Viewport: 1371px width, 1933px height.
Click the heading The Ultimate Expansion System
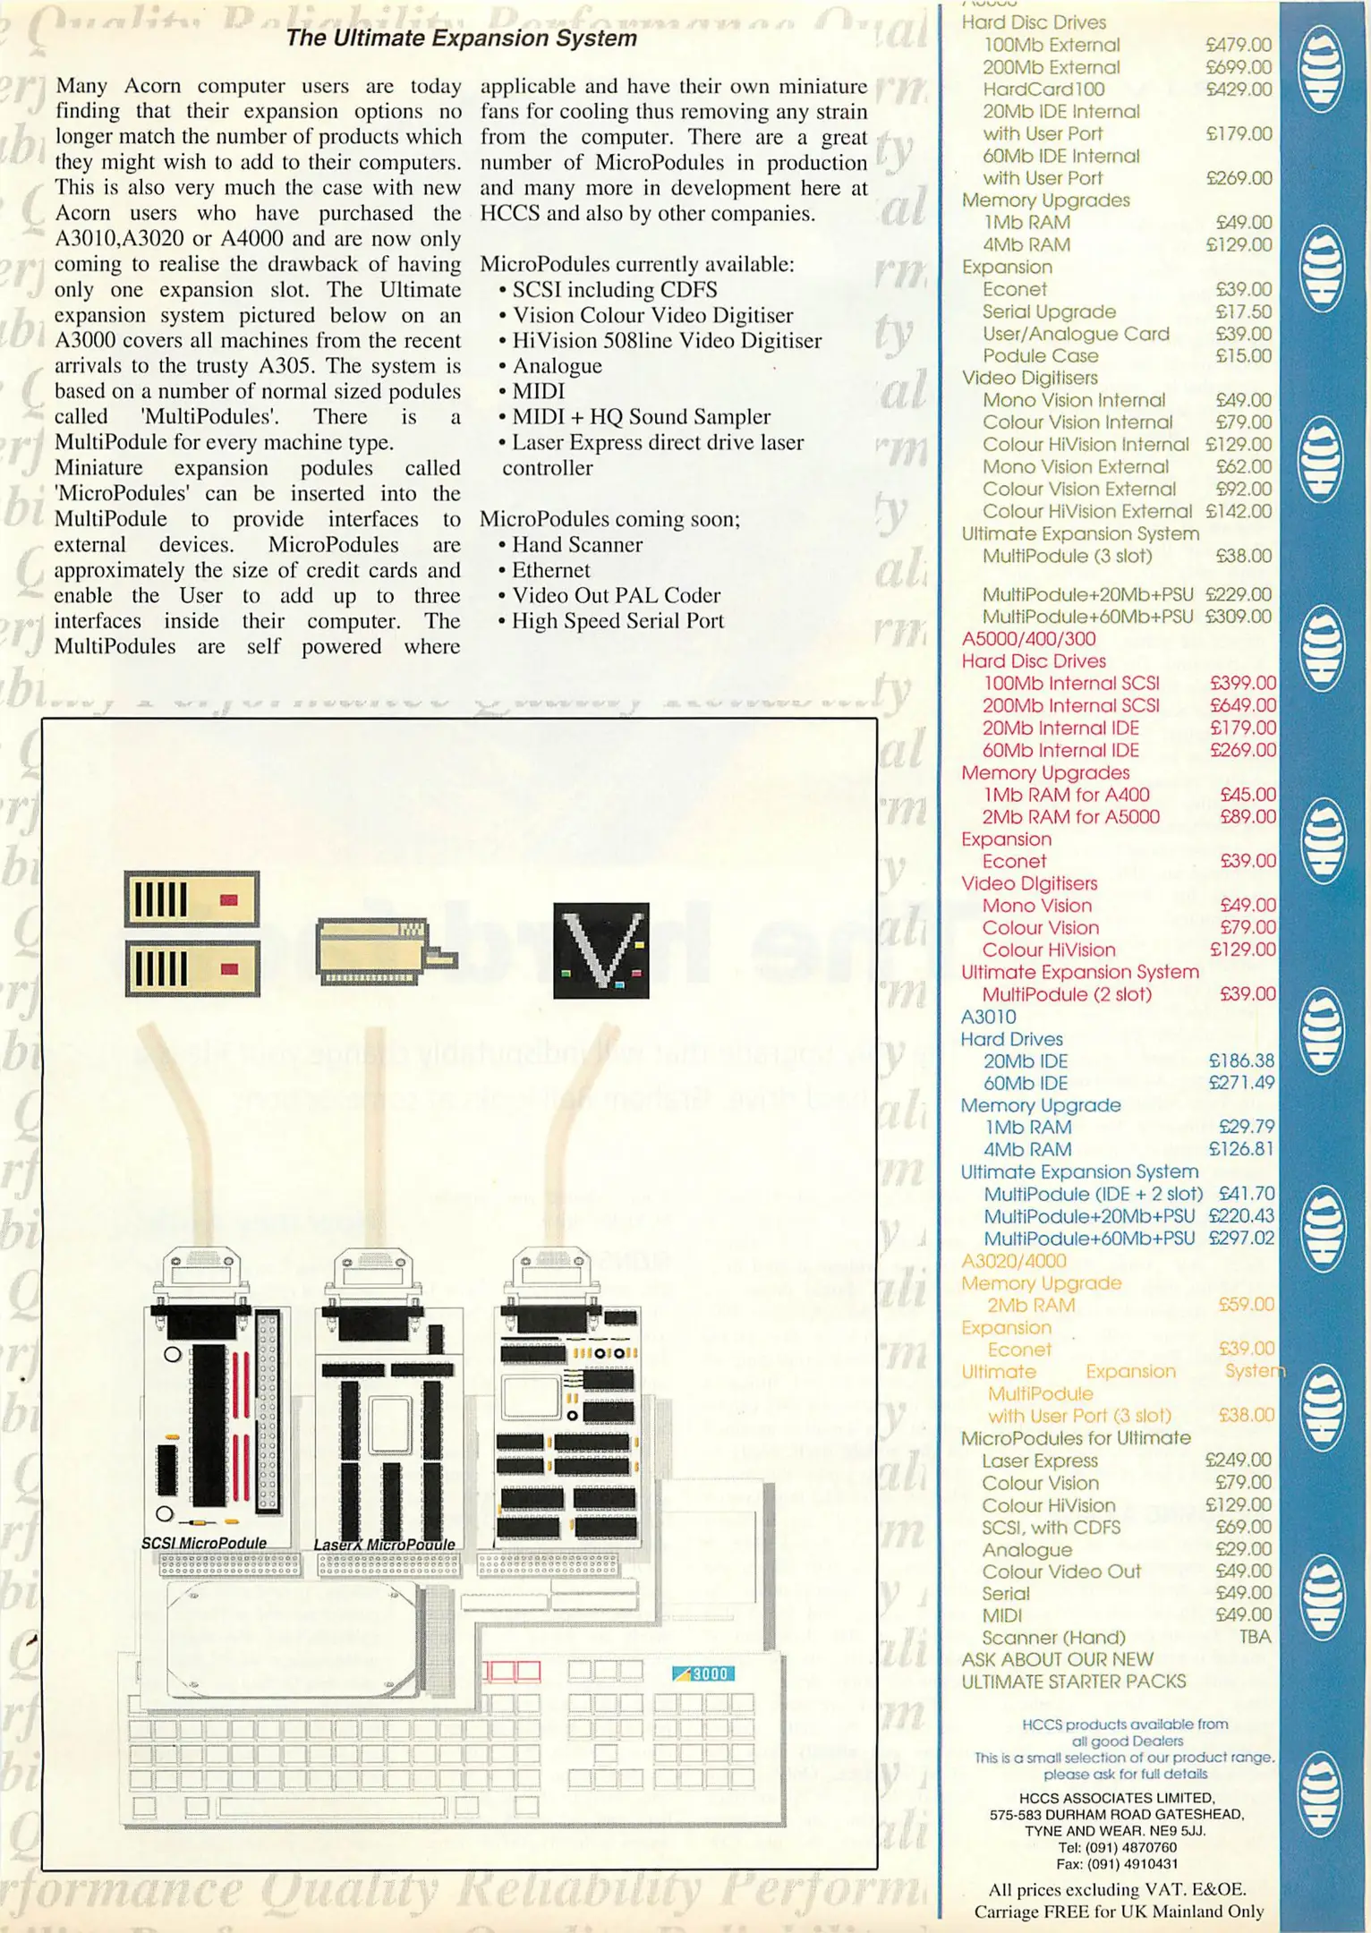click(x=461, y=38)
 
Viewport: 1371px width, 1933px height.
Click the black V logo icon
click(x=600, y=950)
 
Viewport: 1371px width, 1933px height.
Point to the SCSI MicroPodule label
click(x=204, y=1543)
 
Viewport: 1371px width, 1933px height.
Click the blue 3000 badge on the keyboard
click(x=703, y=1673)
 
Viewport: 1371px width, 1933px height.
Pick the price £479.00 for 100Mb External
click(x=1239, y=45)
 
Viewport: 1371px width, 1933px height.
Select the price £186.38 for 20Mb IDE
click(x=1240, y=1060)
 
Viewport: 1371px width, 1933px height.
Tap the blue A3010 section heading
click(x=988, y=1017)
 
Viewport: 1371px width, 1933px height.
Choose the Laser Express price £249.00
click(x=1238, y=1460)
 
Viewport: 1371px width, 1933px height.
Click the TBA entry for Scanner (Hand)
click(x=1255, y=1637)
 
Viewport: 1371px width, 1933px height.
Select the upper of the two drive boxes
click(x=192, y=898)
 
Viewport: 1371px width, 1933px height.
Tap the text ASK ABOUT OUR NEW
click(x=1057, y=1659)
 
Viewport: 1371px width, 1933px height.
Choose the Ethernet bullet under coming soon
click(x=549, y=570)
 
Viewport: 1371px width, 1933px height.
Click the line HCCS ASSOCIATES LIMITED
click(x=1116, y=1798)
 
